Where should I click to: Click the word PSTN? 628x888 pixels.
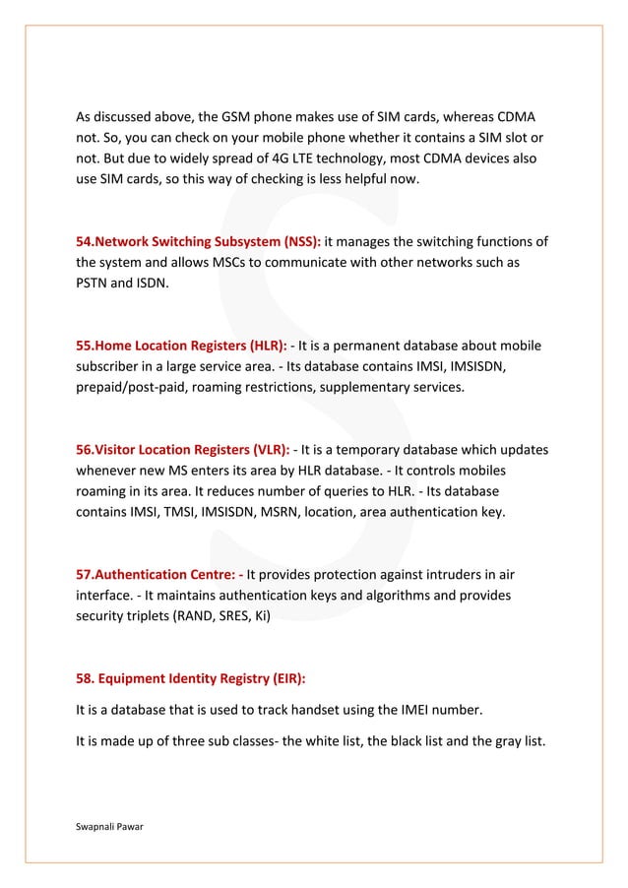[x=94, y=285]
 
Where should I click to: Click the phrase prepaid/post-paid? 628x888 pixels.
[x=134, y=388]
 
